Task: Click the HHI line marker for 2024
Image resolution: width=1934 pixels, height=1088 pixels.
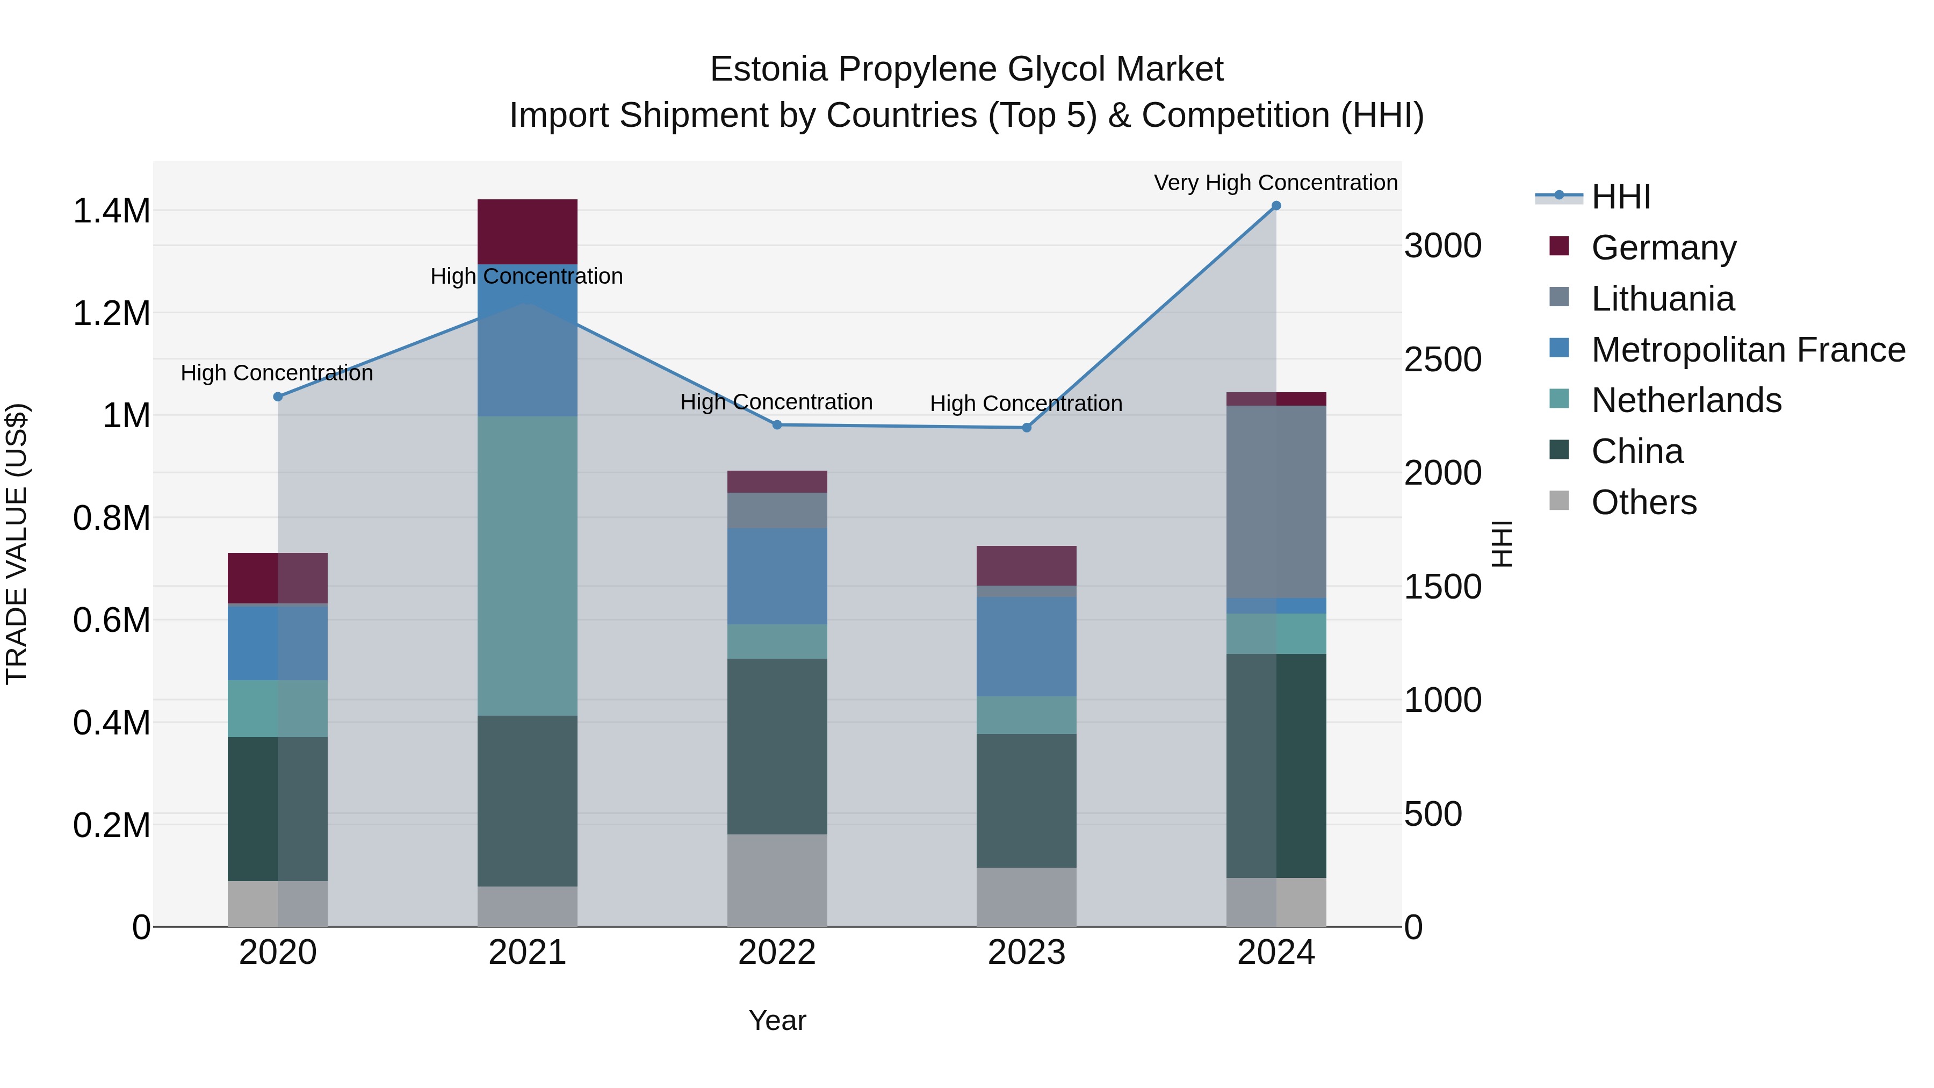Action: pos(1275,206)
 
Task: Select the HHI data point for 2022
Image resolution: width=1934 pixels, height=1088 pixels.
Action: pos(777,425)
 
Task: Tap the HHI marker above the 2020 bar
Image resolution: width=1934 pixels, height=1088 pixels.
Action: pos(278,397)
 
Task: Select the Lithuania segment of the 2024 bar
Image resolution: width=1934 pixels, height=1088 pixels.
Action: pos(1275,502)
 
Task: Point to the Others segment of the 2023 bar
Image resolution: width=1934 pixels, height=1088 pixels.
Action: pos(1026,897)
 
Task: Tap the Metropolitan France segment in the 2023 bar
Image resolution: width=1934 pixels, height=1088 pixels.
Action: pos(1026,646)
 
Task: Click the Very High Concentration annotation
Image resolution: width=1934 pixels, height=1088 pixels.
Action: pos(1275,183)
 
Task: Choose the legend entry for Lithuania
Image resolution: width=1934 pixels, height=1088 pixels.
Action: pos(1662,299)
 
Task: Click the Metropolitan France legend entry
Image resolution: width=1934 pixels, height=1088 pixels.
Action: pos(1747,350)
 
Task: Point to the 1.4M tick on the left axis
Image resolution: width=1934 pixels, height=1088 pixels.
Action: pos(111,211)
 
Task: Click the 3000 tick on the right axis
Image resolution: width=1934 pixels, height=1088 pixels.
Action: pos(1442,246)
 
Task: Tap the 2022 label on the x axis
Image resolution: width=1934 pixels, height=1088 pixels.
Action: pos(777,953)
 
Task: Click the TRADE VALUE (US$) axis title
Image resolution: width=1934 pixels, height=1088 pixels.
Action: pos(17,544)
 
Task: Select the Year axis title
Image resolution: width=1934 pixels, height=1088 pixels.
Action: pos(777,1020)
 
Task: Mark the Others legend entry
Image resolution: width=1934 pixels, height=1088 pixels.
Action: pos(1643,502)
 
